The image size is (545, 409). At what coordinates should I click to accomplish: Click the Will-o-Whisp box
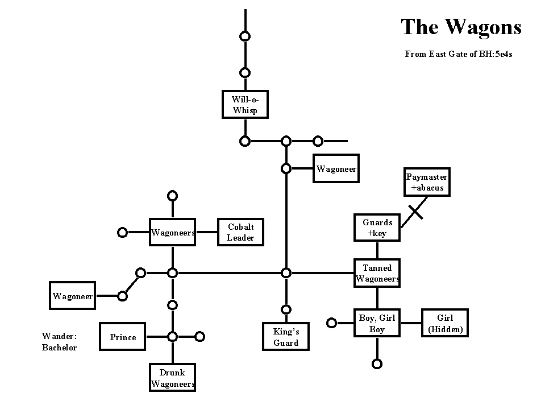(245, 104)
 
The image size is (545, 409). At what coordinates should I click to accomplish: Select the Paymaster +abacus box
(427, 182)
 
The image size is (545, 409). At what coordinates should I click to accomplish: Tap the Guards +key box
(377, 228)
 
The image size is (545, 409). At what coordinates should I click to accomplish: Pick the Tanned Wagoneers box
(377, 273)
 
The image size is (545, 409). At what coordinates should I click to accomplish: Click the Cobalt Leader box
(240, 232)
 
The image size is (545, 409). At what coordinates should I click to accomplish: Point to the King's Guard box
(286, 336)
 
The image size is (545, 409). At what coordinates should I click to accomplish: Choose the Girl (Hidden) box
(445, 323)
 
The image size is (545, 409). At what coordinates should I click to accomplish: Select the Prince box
(122, 336)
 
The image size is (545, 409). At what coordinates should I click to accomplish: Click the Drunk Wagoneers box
(172, 377)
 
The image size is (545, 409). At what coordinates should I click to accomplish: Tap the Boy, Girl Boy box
(377, 323)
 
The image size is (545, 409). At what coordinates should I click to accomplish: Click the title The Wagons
(461, 27)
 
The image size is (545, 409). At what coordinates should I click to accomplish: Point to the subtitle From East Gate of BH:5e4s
(459, 54)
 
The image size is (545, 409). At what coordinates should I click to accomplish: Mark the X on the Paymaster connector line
(415, 212)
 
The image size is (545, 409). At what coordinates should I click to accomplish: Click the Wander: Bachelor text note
(60, 341)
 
